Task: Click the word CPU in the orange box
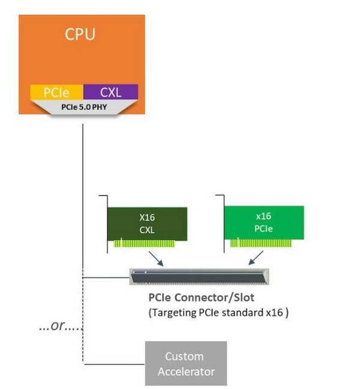80,34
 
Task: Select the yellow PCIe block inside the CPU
56,92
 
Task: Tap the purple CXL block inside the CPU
110,92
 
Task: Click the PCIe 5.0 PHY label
83,108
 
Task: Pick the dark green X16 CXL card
148,222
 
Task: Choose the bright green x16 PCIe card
263,222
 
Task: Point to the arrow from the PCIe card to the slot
256,258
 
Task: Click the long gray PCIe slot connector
199,276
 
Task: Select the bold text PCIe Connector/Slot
201,298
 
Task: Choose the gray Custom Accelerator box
186,363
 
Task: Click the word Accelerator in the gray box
186,372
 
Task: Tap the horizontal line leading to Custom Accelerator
113,363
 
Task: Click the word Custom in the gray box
185,356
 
